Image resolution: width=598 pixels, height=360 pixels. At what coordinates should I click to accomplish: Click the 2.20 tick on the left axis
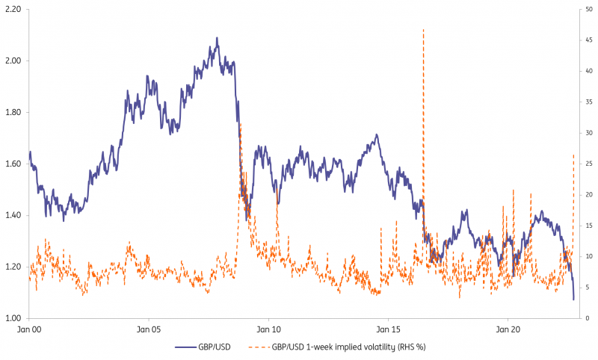(x=13, y=9)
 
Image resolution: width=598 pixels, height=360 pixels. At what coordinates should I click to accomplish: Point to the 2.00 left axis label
(x=13, y=60)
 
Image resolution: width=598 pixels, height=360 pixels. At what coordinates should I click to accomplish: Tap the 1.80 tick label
(x=13, y=112)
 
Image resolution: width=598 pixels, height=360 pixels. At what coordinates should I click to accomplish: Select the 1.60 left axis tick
(x=13, y=164)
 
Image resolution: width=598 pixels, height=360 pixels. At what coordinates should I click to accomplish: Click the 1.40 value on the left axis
(x=13, y=215)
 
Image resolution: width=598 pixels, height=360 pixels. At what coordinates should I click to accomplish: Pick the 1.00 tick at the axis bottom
(x=13, y=318)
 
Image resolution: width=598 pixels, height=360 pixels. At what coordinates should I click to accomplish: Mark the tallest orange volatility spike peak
(x=423, y=29)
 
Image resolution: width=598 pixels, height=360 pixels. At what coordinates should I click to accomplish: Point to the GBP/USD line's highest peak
(x=217, y=38)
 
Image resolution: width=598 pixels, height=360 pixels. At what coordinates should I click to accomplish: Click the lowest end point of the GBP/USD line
(x=573, y=300)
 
